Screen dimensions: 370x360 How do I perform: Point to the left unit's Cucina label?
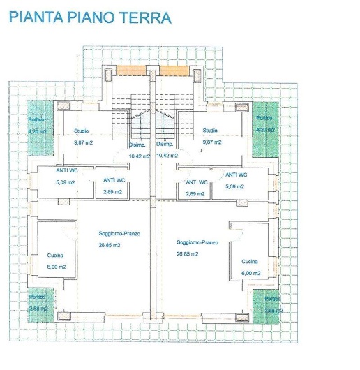(56, 256)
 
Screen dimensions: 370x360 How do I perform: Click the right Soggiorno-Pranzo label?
(197, 242)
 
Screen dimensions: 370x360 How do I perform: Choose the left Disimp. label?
(137, 145)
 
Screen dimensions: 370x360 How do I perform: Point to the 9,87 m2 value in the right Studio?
(211, 142)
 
